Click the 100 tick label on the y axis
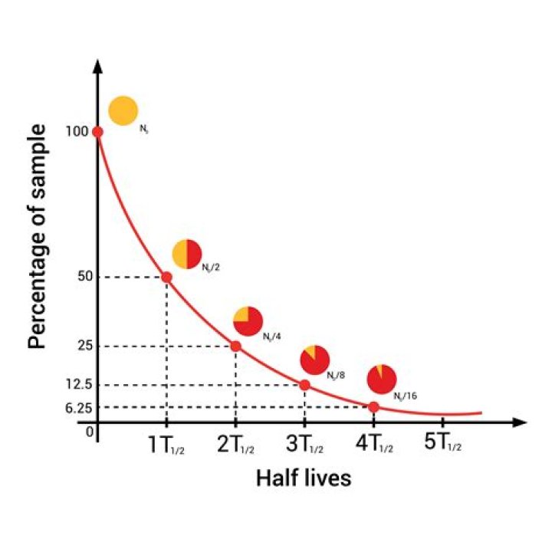[x=77, y=132]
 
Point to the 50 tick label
[x=84, y=276]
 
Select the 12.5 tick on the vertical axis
[x=79, y=385]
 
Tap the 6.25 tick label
[x=79, y=408]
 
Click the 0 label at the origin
[x=90, y=432]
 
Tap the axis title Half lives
[x=303, y=478]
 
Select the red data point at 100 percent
[x=97, y=132]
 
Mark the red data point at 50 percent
[x=166, y=276]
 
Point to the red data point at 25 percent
[x=235, y=346]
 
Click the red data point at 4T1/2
[x=373, y=407]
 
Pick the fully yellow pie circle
[x=123, y=110]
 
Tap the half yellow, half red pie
[x=187, y=254]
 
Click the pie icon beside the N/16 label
[x=381, y=379]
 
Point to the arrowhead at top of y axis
[x=97, y=65]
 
